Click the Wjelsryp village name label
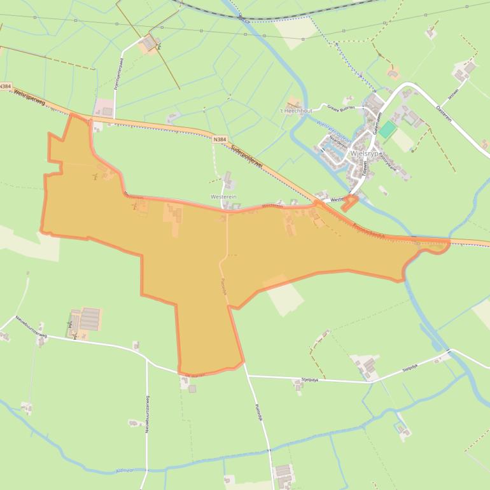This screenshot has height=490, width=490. click(x=364, y=153)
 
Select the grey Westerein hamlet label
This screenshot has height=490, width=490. click(x=223, y=197)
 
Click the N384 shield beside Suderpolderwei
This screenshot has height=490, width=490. click(x=220, y=138)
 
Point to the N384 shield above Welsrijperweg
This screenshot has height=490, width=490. click(x=6, y=86)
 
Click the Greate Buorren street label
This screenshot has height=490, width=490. click(x=340, y=108)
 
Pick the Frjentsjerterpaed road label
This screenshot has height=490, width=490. click(x=120, y=80)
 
